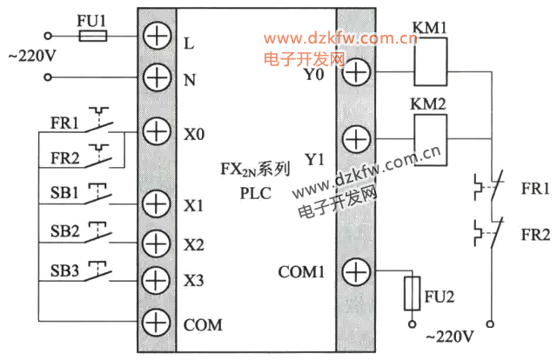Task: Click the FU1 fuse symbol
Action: point(92,37)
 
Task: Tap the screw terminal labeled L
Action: point(156,37)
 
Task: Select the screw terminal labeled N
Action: point(156,78)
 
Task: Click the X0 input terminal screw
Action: point(156,132)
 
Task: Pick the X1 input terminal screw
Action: point(156,204)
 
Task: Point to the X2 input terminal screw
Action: point(156,243)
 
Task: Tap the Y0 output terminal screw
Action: point(355,71)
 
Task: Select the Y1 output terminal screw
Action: point(355,138)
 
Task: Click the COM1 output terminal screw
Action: point(355,272)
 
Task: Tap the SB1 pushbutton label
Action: point(64,191)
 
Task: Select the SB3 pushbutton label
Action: point(64,271)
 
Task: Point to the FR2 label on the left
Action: point(64,159)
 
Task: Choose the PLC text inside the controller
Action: point(256,193)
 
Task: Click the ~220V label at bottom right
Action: point(447,337)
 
